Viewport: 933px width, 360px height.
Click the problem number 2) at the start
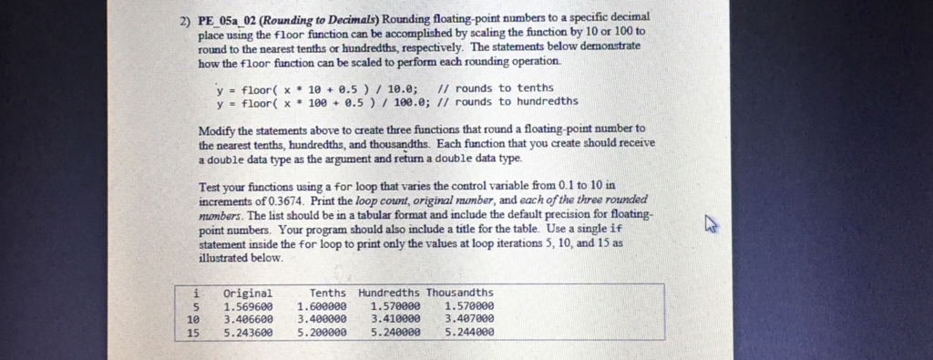[x=186, y=18]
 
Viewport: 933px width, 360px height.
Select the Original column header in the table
[x=247, y=293]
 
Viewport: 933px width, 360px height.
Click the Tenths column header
[x=327, y=293]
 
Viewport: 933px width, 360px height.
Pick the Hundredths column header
[x=389, y=293]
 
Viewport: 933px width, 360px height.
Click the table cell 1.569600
[x=247, y=307]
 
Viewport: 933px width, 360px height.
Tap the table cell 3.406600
[x=247, y=320]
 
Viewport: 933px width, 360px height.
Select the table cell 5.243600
[x=247, y=333]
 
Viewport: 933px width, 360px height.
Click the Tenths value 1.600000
[x=321, y=307]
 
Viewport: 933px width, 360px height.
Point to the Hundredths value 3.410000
[x=395, y=320]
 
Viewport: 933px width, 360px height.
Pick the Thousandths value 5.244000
[x=469, y=333]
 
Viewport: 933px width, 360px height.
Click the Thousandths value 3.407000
[x=469, y=320]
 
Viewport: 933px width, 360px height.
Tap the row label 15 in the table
[x=191, y=333]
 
